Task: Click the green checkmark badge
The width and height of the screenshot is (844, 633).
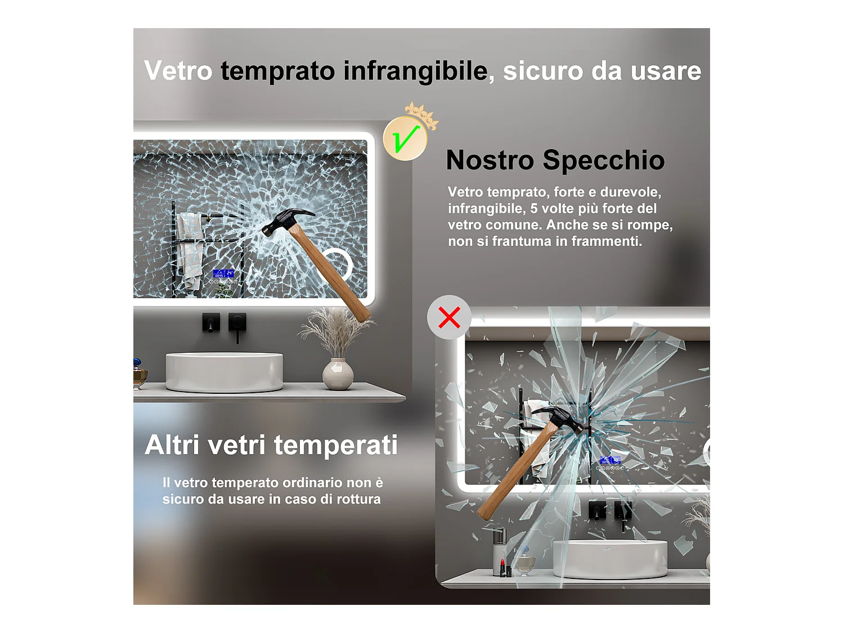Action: [x=405, y=138]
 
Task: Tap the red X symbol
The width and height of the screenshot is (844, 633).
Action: [x=449, y=317]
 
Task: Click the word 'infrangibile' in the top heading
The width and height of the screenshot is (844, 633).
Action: [x=416, y=71]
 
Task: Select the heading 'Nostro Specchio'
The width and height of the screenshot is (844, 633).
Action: [x=555, y=160]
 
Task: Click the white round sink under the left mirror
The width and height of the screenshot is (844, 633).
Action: [x=224, y=372]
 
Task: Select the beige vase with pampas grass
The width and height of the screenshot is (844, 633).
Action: [x=338, y=374]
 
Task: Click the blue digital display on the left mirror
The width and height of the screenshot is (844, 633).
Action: [x=223, y=273]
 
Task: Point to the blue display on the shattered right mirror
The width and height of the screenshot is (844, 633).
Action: [x=610, y=460]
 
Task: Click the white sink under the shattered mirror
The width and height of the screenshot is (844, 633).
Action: [x=610, y=559]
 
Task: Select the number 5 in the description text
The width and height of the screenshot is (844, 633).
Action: [x=534, y=209]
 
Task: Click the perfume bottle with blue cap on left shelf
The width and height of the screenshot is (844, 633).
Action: [x=139, y=373]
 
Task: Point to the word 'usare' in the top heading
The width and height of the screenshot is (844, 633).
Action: [x=666, y=71]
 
